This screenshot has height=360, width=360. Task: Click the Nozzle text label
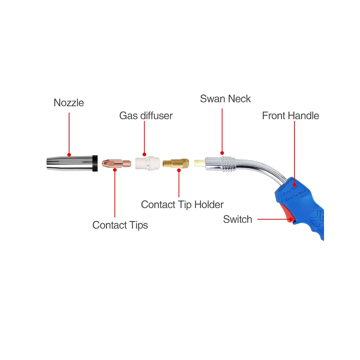click(x=68, y=103)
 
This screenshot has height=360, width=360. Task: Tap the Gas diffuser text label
click(x=146, y=116)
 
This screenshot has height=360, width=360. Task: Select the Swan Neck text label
click(x=225, y=99)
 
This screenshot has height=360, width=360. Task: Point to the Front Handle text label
click(x=291, y=116)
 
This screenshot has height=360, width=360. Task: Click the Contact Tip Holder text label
click(x=182, y=205)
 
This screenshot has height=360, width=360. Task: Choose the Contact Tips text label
click(x=120, y=225)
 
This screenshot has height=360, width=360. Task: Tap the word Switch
click(x=237, y=220)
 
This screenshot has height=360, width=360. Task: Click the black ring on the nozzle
click(x=95, y=163)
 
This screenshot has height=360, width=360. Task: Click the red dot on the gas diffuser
click(x=144, y=154)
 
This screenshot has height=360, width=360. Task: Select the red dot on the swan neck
click(x=222, y=153)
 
